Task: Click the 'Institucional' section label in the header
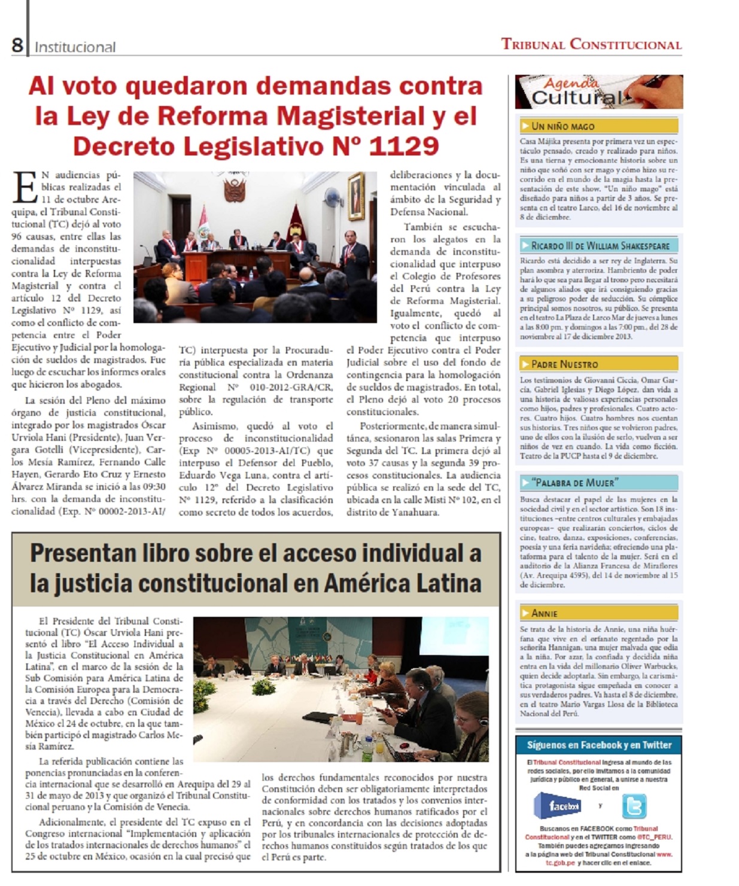pos(75,47)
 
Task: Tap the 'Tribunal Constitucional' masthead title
pos(591,44)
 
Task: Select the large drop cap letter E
pos(25,187)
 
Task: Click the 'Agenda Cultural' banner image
pos(598,92)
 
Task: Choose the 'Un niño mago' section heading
pos(563,126)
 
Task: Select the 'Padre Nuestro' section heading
pos(565,364)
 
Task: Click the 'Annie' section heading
pos(545,613)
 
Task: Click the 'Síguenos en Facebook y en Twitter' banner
pos(598,745)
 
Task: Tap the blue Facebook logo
pos(557,806)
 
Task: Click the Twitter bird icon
pos(634,807)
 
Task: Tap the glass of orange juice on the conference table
pos(379,746)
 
